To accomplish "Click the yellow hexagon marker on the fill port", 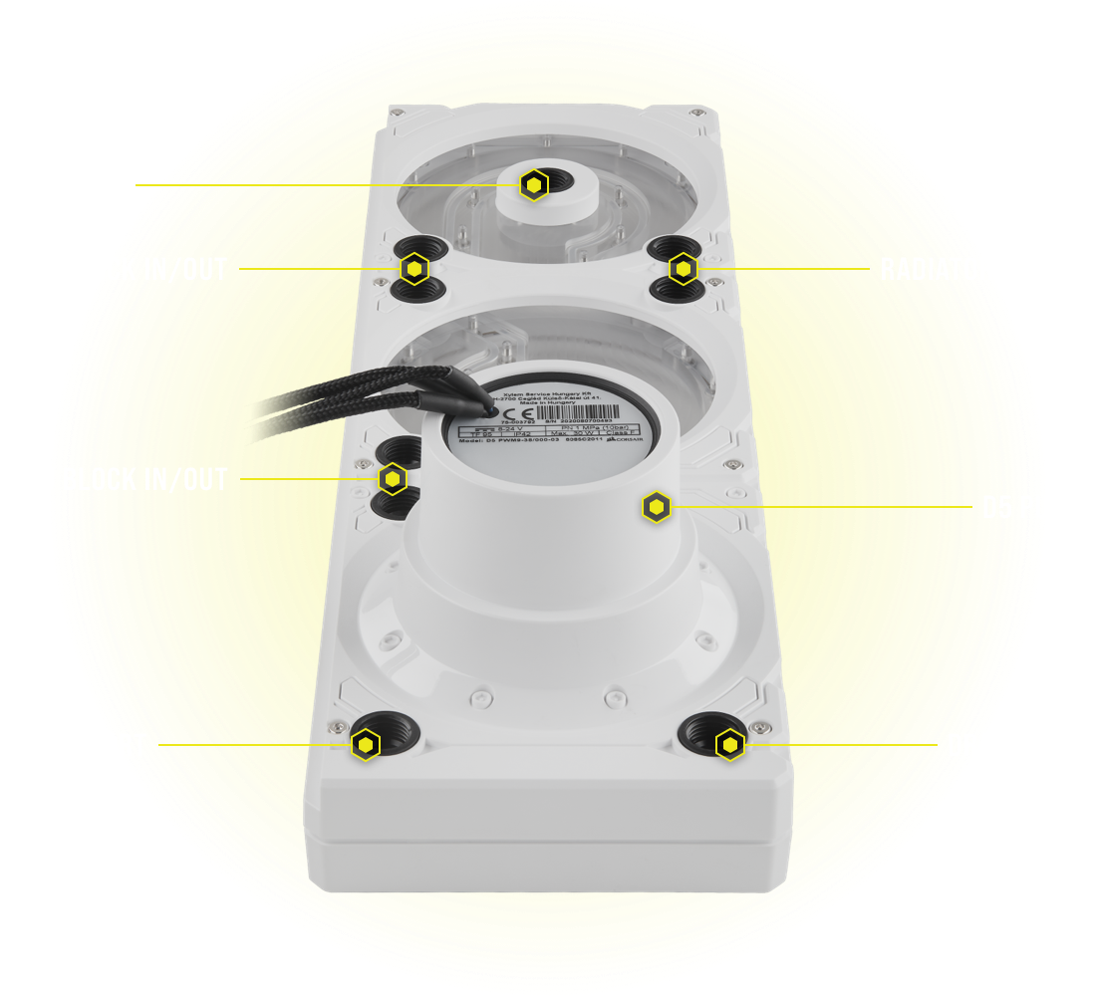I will click(535, 184).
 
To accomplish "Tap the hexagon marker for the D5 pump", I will click(656, 506).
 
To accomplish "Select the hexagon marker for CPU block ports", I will click(414, 268).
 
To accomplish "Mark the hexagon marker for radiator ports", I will click(683, 268).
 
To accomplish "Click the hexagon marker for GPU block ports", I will click(394, 479).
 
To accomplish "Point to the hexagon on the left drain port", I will click(367, 744).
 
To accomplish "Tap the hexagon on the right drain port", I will click(730, 744).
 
